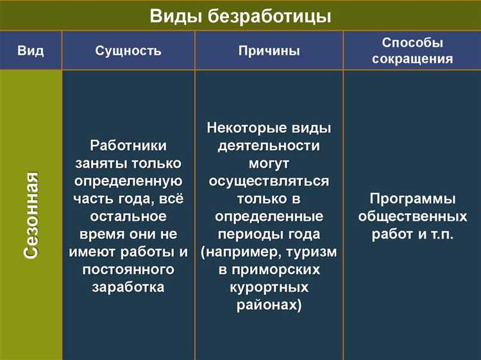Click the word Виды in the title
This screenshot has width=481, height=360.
[175, 16]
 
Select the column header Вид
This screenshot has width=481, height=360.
[31, 51]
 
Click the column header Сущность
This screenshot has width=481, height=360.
[128, 51]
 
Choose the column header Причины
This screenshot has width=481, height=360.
[269, 51]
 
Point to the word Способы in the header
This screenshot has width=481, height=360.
[412, 42]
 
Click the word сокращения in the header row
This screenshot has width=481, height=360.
[412, 59]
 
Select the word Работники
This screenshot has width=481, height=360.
[128, 146]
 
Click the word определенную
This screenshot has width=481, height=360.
[128, 181]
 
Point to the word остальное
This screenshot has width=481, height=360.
[128, 216]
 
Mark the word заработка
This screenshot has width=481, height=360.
[128, 287]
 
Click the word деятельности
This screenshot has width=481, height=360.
[269, 146]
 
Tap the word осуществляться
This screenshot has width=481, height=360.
[269, 181]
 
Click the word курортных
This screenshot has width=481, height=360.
[269, 287]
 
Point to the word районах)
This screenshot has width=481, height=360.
[269, 305]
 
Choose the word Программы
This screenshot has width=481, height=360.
[412, 198]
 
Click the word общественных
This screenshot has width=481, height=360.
[412, 216]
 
